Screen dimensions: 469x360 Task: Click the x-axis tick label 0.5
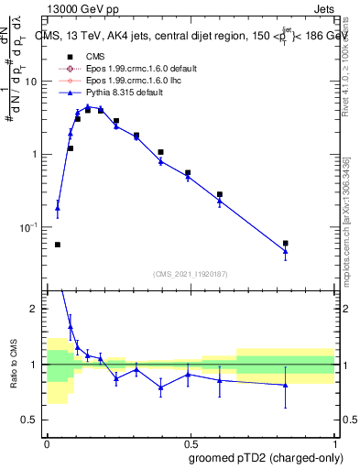(x=191, y=441)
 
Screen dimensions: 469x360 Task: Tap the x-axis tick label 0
(x=47, y=441)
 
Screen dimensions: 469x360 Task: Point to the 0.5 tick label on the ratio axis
(x=30, y=420)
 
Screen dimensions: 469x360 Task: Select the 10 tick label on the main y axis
(x=30, y=82)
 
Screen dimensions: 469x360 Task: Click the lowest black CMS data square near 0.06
(x=58, y=245)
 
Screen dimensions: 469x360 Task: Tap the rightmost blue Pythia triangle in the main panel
(x=285, y=251)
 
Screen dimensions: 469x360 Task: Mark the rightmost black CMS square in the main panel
(x=285, y=243)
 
